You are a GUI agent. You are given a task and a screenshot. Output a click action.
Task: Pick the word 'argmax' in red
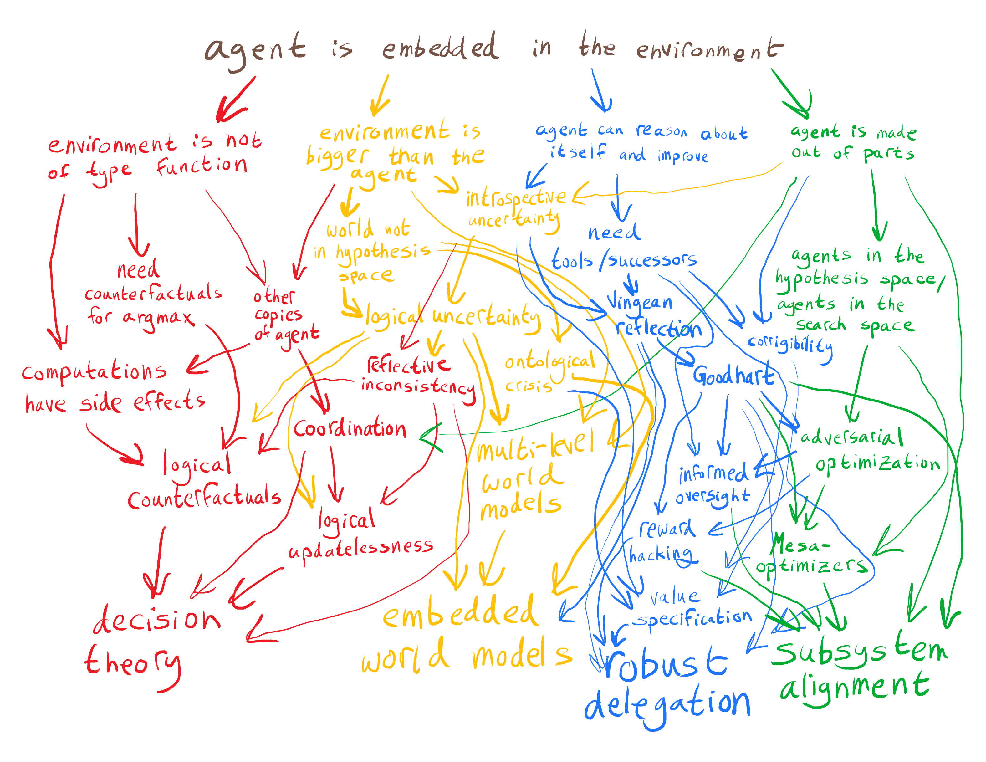[158, 318]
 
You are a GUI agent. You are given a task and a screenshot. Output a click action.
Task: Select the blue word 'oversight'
[713, 497]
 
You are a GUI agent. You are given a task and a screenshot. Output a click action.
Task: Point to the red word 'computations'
[94, 372]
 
